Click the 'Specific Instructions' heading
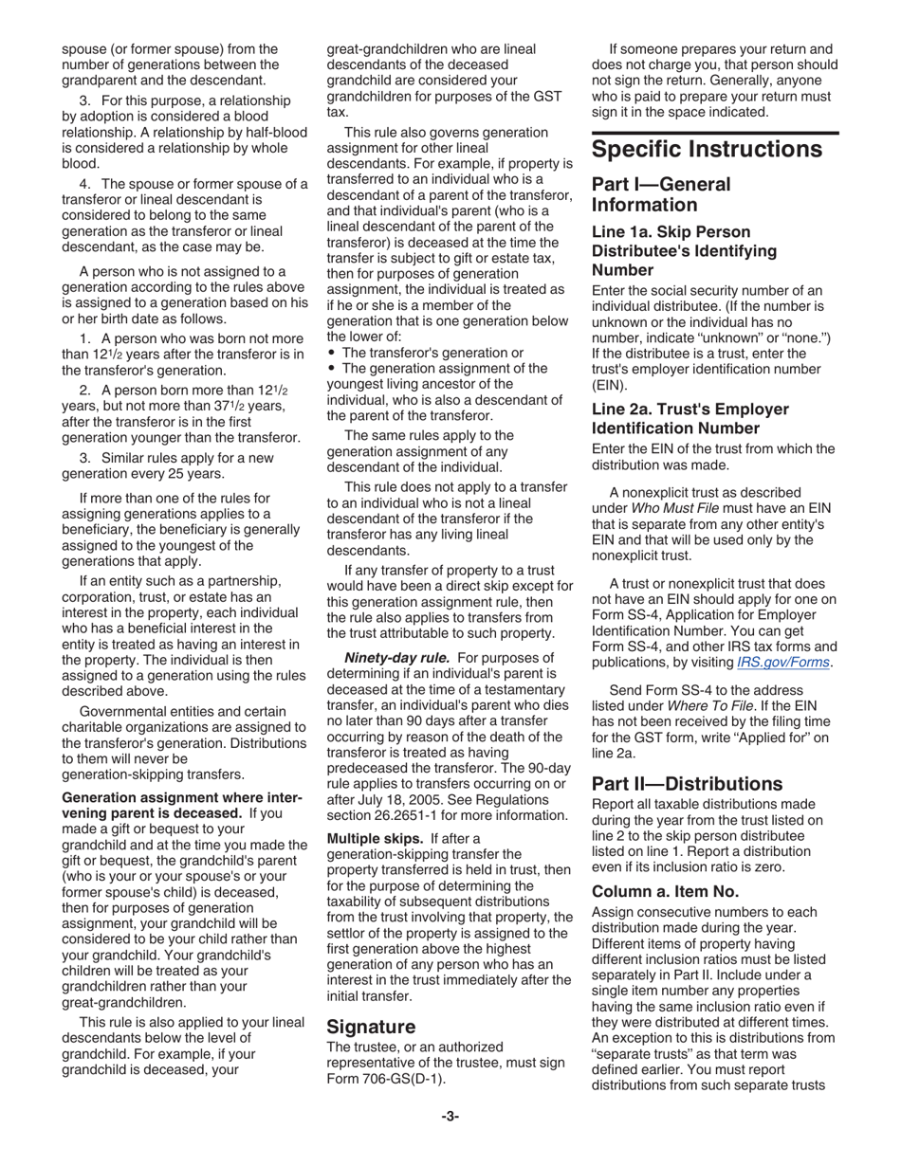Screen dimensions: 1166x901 tap(707, 150)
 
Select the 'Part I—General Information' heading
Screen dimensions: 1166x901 tap(661, 194)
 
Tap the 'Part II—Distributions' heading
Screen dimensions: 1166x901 tap(687, 784)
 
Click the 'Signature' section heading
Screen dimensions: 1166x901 tap(371, 1027)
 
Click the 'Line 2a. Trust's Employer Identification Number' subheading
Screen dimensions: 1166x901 tap(690, 418)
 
